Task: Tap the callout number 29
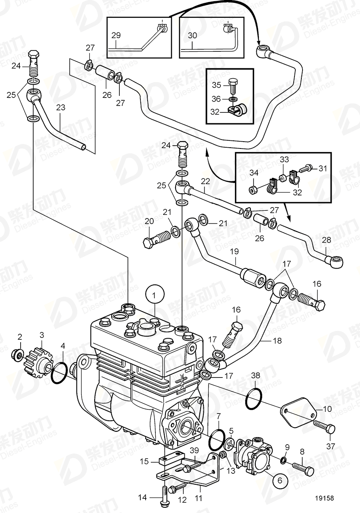116,36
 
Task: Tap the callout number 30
192,36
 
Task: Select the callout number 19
234,252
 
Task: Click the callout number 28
326,240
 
